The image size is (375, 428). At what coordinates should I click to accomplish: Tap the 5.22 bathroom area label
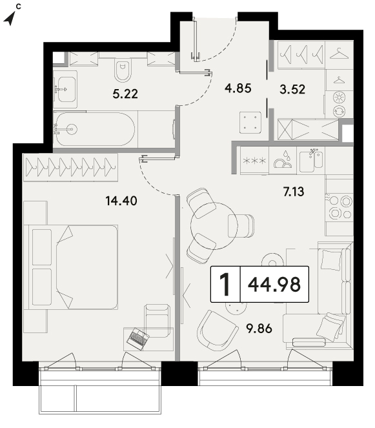point(125,94)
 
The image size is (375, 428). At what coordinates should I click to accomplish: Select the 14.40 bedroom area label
point(121,201)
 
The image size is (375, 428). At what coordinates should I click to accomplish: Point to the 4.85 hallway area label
point(238,88)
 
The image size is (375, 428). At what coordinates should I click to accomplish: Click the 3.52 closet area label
point(292,89)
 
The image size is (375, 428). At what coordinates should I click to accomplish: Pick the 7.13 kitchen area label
point(294,192)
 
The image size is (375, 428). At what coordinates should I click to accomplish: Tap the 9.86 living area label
point(259,329)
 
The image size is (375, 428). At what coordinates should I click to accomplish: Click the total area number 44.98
point(274,284)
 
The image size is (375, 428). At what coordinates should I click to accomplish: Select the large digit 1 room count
point(225,285)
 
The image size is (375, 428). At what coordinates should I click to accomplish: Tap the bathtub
point(94,129)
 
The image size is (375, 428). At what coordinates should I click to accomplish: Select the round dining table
point(214,226)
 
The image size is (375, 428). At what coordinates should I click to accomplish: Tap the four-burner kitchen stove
point(340,208)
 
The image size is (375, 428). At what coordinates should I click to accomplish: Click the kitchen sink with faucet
point(311,161)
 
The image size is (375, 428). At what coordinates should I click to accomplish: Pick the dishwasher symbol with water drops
point(283,160)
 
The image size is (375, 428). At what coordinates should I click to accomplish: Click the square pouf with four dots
point(250,122)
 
